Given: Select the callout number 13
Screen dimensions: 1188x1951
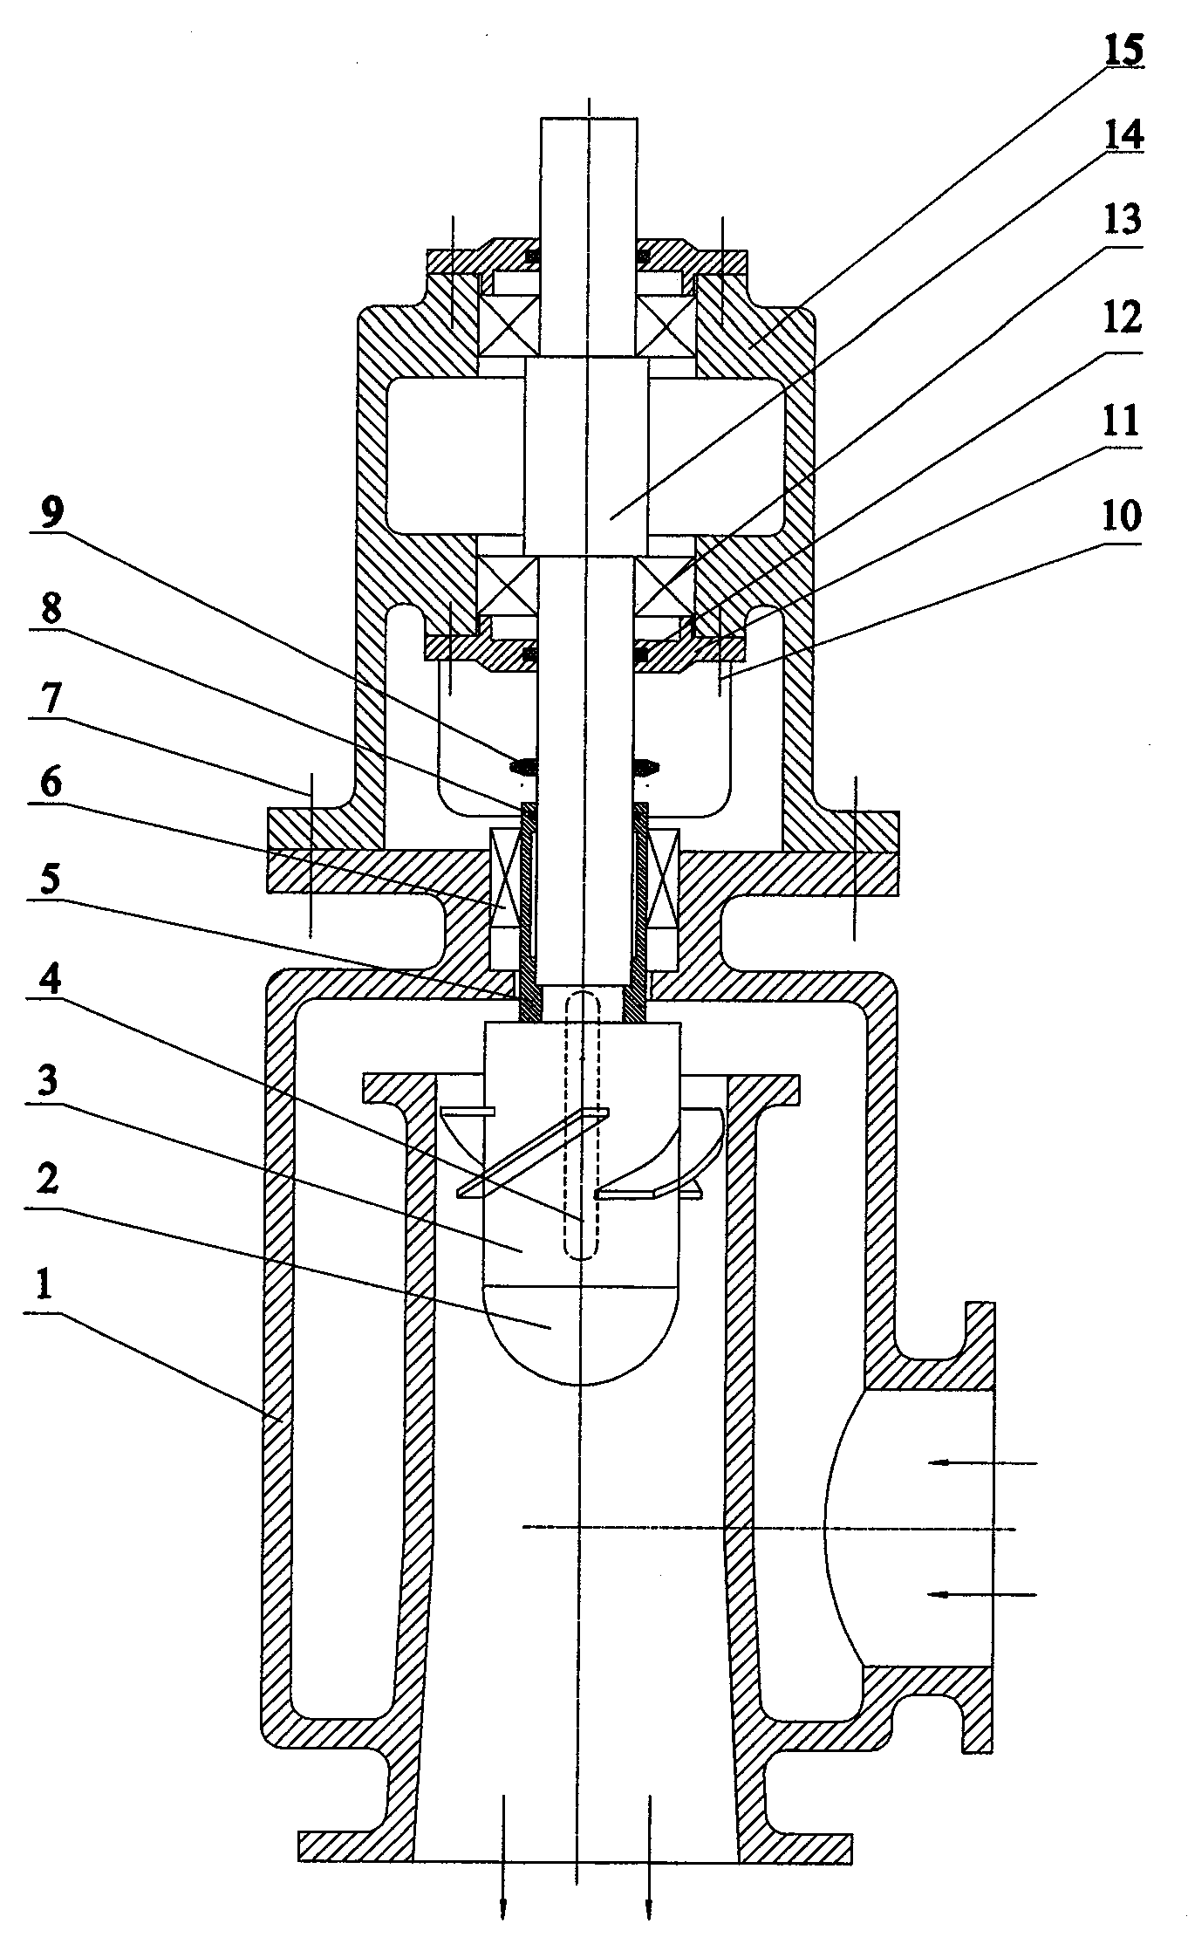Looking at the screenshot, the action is click(1121, 221).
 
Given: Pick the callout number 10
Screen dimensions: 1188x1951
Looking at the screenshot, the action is click(1121, 517).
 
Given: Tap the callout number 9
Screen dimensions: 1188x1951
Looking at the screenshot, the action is click(51, 517).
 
